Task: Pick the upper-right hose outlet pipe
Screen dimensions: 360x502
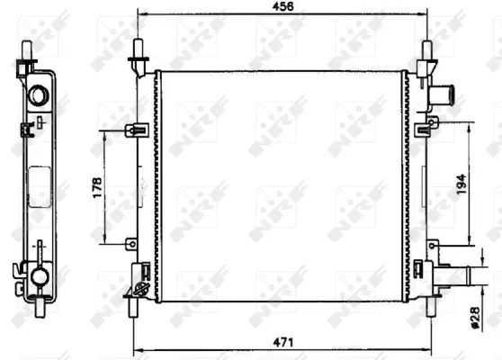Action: point(443,92)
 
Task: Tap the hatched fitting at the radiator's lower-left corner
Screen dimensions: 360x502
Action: point(141,288)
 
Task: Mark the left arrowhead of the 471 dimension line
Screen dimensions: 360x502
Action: point(136,350)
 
